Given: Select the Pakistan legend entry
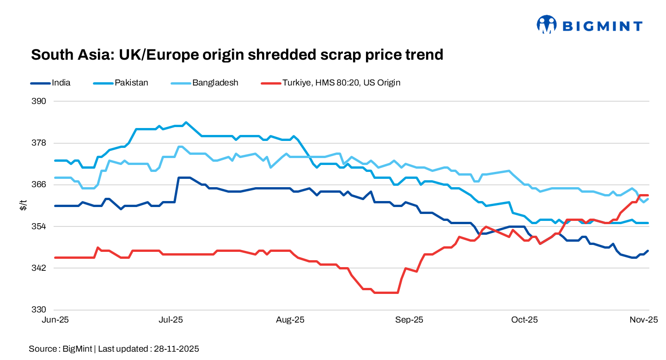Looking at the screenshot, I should (131, 83).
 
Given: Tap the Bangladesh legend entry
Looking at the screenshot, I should (215, 83).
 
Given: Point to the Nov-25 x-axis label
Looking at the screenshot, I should (645, 320).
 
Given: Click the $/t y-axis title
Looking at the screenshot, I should (23, 205).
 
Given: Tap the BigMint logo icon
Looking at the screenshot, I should (546, 25).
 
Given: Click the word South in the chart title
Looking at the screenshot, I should (52, 55).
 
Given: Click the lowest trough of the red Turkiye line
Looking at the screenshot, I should (386, 293).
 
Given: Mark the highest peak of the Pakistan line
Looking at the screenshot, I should (186, 122).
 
